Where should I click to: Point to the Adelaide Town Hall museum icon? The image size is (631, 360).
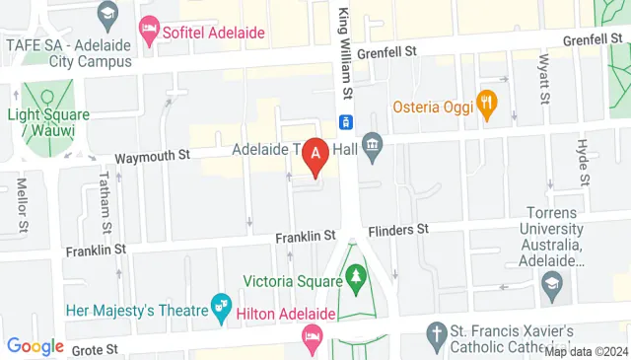point(372,150)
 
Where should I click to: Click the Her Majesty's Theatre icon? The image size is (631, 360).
point(220,309)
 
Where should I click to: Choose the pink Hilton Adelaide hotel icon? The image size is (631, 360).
point(312,337)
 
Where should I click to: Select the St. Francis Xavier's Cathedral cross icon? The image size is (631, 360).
point(436,333)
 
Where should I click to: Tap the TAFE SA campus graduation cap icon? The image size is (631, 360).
point(106,15)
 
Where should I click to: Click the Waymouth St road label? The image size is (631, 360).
point(151,156)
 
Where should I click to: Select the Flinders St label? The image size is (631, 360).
point(398,230)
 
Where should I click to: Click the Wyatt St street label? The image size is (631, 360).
point(541,80)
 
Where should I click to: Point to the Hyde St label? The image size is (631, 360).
point(582,162)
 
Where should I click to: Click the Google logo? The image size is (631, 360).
point(35,346)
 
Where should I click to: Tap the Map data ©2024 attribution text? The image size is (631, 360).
point(586,351)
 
